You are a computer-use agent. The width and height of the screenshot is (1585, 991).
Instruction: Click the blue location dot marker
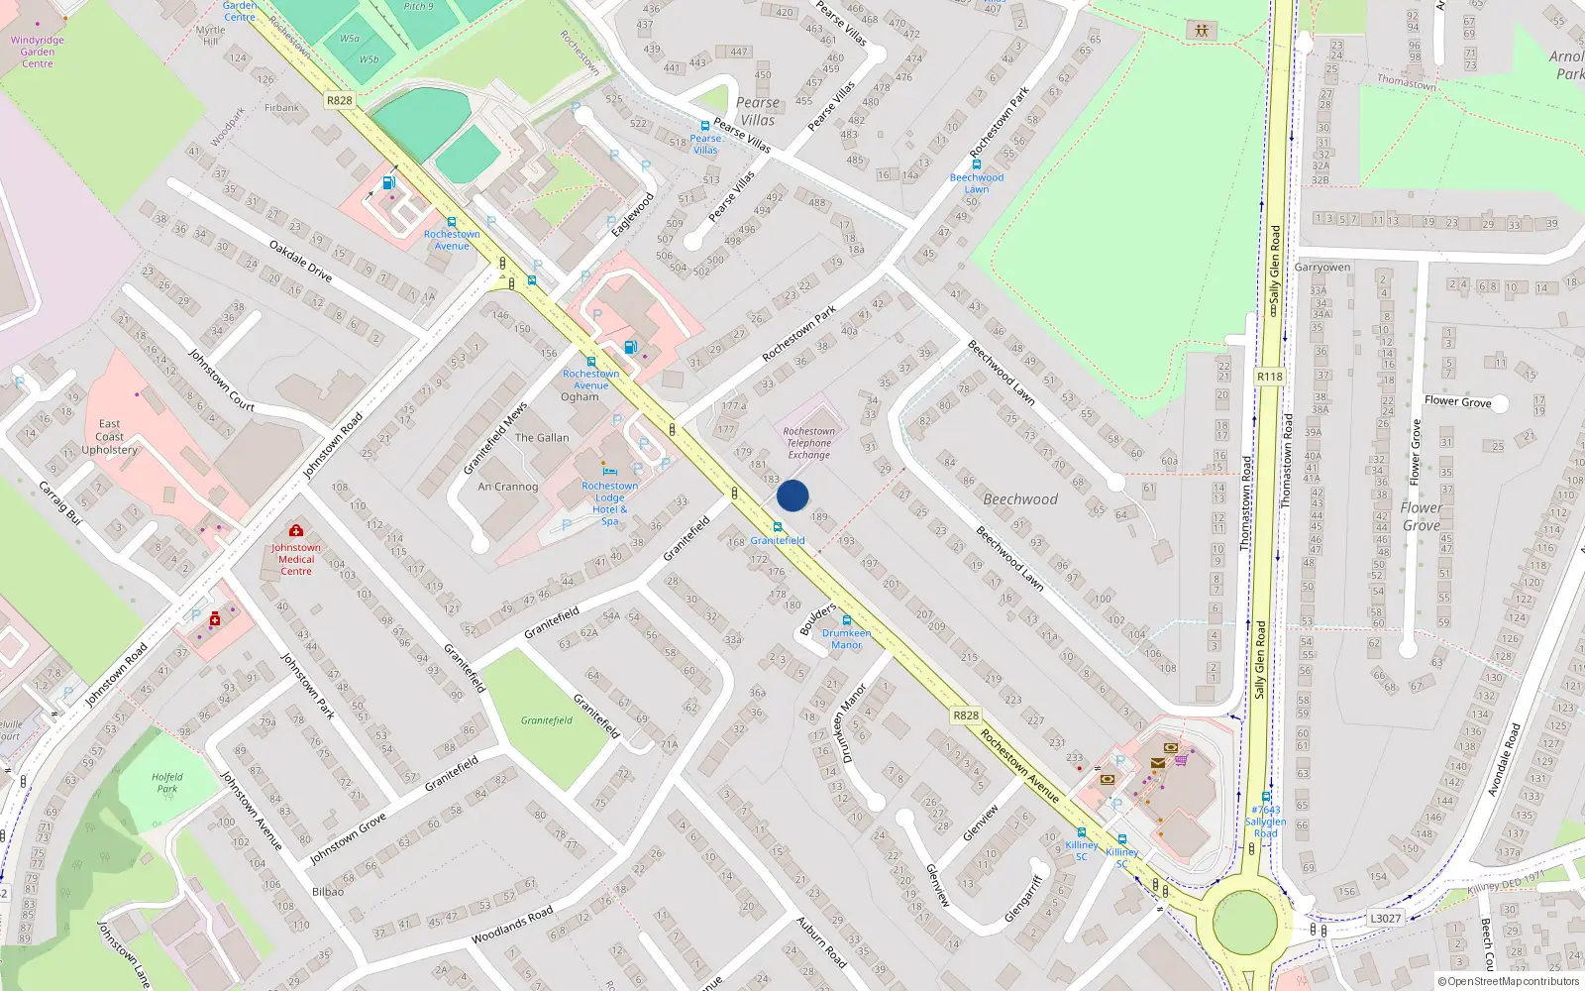(792, 495)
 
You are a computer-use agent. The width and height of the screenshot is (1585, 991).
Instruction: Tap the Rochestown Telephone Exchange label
(808, 443)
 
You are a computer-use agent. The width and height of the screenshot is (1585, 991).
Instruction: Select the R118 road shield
(1269, 377)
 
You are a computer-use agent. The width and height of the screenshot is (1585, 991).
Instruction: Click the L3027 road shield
(1385, 919)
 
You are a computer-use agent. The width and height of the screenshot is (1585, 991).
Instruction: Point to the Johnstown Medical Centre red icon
(295, 531)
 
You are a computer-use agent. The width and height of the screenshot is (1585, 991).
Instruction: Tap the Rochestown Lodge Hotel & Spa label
(610, 502)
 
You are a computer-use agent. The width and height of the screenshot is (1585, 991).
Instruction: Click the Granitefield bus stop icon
(778, 528)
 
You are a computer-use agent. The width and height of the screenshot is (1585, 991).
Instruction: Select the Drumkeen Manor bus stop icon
(847, 621)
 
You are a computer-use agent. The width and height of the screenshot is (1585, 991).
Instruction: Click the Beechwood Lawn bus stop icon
(976, 165)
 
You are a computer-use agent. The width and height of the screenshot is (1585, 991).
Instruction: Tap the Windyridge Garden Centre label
(38, 52)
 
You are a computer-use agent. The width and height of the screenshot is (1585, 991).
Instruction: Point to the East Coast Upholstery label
(109, 437)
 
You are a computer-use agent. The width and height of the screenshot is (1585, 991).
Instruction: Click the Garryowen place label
(1321, 268)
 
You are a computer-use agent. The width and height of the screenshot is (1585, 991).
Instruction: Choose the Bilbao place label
(328, 892)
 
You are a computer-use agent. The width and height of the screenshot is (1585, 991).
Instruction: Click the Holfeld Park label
(167, 783)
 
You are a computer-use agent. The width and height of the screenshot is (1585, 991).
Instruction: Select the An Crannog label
(507, 487)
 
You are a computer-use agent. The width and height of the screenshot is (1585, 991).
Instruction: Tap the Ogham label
(580, 397)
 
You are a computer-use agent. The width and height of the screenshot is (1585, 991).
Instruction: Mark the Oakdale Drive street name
(300, 261)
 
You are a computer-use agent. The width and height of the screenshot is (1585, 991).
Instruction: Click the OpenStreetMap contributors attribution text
(1508, 981)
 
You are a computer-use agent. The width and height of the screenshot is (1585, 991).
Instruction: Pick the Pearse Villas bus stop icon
(704, 127)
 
